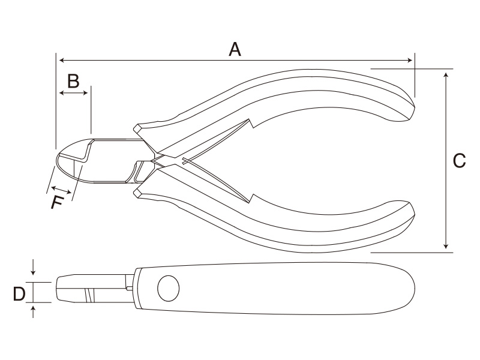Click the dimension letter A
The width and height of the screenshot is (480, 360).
[x=235, y=50]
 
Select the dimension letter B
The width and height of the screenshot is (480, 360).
[x=73, y=81]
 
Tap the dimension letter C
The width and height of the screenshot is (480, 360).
[x=459, y=161]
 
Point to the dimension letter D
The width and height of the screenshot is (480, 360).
[x=19, y=294]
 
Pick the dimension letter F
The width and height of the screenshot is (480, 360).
[x=58, y=202]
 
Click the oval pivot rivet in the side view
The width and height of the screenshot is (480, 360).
[x=169, y=288]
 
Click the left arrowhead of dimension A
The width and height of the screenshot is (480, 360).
[x=62, y=61]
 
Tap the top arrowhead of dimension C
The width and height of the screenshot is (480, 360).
[x=446, y=75]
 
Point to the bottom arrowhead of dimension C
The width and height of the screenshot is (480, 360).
[x=446, y=246]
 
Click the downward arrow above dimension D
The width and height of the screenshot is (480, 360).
[x=34, y=267]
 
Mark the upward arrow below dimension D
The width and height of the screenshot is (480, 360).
[x=34, y=311]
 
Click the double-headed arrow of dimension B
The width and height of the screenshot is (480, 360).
[x=74, y=93]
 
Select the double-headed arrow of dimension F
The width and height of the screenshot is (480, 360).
[x=61, y=190]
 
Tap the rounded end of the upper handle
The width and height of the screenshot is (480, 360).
[x=410, y=107]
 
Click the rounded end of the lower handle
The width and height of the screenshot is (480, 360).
[x=410, y=214]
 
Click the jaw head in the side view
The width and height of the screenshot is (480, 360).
[x=77, y=289]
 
